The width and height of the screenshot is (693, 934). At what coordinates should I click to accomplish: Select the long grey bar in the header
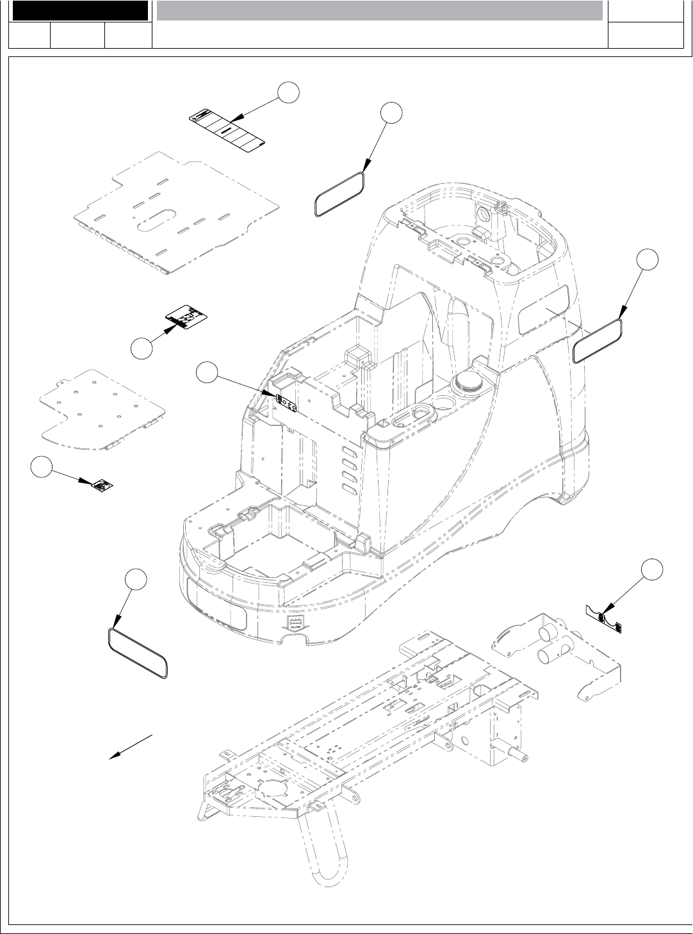[x=379, y=10]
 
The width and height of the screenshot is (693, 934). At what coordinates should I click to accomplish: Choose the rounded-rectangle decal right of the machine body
[x=598, y=341]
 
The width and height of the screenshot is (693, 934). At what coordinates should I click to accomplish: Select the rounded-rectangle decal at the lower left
[x=138, y=653]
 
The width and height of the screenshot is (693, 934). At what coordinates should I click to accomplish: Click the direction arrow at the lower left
[x=131, y=746]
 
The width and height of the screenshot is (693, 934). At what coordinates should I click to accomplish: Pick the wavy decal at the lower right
[x=605, y=618]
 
